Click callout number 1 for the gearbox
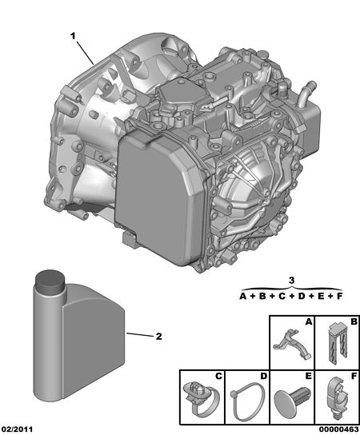tap(73, 36)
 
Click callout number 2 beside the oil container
tap(158, 336)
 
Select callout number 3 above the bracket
tap(291, 280)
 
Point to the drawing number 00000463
tap(338, 429)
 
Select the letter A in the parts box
tap(309, 321)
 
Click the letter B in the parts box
tap(354, 321)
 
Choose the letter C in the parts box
tap(218, 376)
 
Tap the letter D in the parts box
tap(263, 376)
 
